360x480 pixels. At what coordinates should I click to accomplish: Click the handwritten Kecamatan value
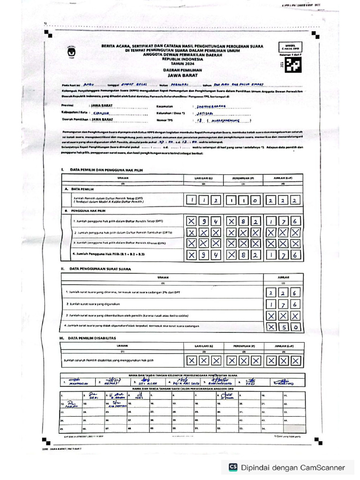coord(212,106)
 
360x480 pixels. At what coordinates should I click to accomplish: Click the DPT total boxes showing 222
coord(283,201)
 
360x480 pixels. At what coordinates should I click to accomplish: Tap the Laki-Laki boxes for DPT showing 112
coord(203,201)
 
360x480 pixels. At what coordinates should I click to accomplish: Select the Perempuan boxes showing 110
coord(243,201)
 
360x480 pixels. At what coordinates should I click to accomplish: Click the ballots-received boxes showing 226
coord(283,292)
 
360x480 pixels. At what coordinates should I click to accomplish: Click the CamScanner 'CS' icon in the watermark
coord(233,467)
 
